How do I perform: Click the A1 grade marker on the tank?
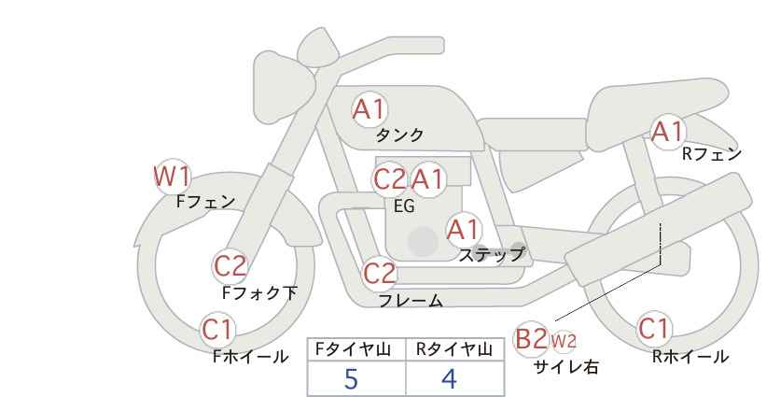pyautogui.click(x=370, y=109)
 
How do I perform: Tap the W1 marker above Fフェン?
pyautogui.click(x=172, y=177)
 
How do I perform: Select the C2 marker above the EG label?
pyautogui.click(x=390, y=179)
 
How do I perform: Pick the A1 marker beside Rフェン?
pyautogui.click(x=667, y=132)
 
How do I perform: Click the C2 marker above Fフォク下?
pyautogui.click(x=230, y=266)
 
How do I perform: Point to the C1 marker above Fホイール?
pyautogui.click(x=217, y=330)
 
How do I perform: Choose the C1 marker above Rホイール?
pyautogui.click(x=654, y=329)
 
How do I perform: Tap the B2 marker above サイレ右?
pyautogui.click(x=531, y=339)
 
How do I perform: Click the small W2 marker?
pyautogui.click(x=563, y=341)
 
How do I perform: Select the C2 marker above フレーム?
pyautogui.click(x=380, y=274)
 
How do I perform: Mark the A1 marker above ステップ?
pyautogui.click(x=464, y=230)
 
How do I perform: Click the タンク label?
pyautogui.click(x=399, y=135)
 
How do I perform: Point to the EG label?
pyautogui.click(x=404, y=206)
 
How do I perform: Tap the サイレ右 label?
pyautogui.click(x=566, y=367)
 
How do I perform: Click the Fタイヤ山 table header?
pyautogui.click(x=353, y=349)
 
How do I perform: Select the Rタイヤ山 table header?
pyautogui.click(x=454, y=349)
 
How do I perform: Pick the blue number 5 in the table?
pyautogui.click(x=351, y=378)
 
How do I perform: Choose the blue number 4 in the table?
pyautogui.click(x=449, y=378)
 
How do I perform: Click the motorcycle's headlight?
pyautogui.click(x=283, y=86)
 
